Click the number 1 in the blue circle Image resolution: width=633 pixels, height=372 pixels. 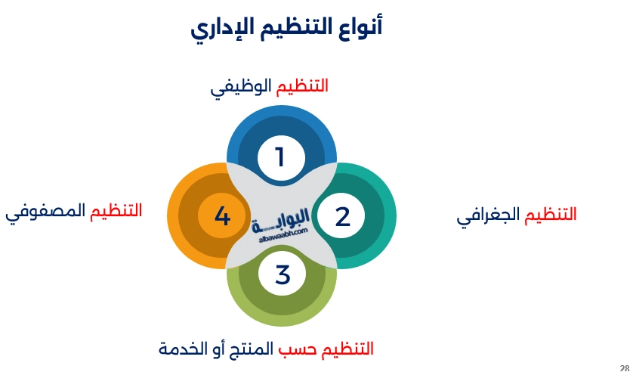coord(280,157)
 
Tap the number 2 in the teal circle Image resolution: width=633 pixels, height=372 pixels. coord(342,217)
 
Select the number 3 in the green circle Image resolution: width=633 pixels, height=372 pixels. coord(282,274)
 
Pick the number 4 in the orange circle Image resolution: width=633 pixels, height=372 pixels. coord(222,217)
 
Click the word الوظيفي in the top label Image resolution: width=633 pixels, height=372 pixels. coord(241,87)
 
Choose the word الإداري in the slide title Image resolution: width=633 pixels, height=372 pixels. coord(221,28)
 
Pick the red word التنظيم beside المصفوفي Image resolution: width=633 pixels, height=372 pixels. coord(116,212)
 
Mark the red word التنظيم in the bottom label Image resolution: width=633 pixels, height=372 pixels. coord(347,349)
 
